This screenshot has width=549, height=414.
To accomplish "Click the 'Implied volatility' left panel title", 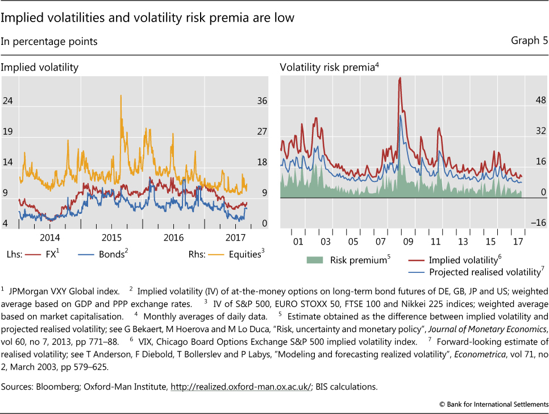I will pyautogui.click(x=39, y=68).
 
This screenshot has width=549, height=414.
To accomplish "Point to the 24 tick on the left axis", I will pyautogui.click(x=8, y=101).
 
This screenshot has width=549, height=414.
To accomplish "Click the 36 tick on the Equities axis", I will pyautogui.click(x=261, y=101).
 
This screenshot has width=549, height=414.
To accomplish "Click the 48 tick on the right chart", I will pyautogui.click(x=539, y=100).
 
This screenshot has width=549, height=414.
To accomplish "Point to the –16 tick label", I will pyautogui.click(x=537, y=222).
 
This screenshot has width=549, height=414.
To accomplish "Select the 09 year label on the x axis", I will pyautogui.click(x=408, y=242).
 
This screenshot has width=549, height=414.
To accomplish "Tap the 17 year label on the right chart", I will pyautogui.click(x=517, y=242).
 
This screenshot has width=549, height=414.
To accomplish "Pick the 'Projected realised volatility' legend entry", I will pyautogui.click(x=482, y=272).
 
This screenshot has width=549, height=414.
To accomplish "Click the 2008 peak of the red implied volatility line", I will pyautogui.click(x=400, y=78).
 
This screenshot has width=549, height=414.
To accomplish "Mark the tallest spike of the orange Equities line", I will pyautogui.click(x=121, y=96).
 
